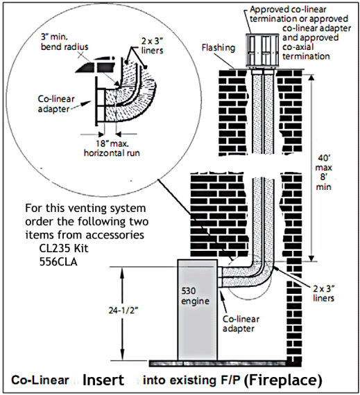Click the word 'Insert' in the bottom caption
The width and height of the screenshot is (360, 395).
[103, 380]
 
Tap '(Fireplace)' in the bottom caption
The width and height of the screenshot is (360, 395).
[284, 380]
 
